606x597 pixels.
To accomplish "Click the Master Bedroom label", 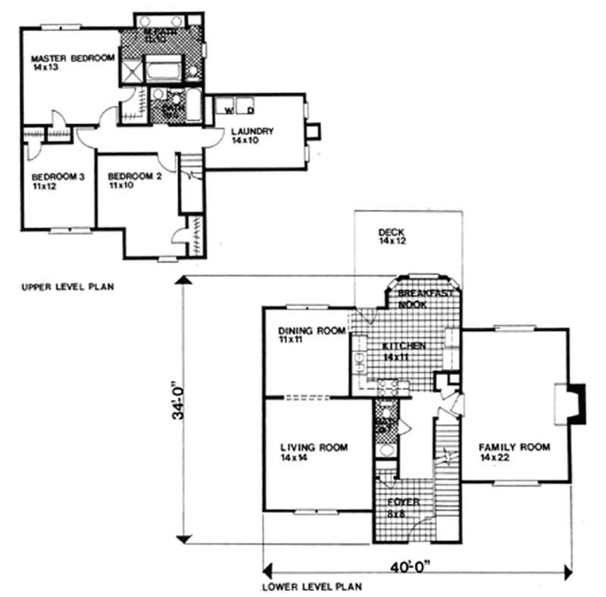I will [72, 58].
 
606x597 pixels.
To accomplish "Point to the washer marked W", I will [226, 108].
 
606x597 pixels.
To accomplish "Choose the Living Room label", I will [313, 448].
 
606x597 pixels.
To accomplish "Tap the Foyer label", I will [402, 502].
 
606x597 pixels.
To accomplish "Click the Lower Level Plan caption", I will [312, 586].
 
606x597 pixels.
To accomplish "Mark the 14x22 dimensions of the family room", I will [493, 458].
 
